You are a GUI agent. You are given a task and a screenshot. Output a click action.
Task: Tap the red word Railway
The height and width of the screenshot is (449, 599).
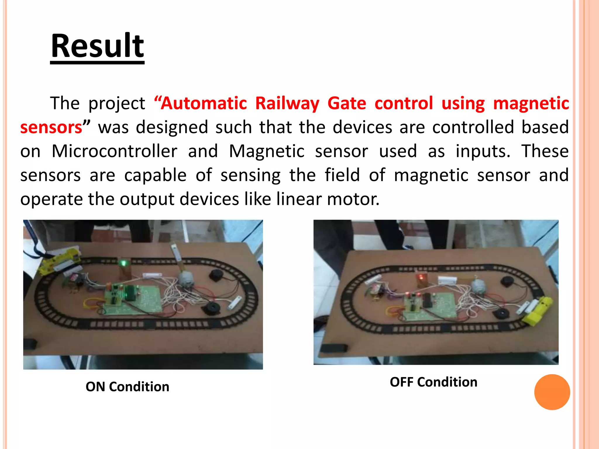coord(287,103)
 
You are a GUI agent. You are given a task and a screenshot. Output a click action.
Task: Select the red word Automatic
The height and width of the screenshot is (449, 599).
coord(204,103)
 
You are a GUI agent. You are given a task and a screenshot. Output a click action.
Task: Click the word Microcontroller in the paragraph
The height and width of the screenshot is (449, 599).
coord(114,151)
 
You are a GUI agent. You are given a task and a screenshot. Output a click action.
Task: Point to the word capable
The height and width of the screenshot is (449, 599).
coord(155,175)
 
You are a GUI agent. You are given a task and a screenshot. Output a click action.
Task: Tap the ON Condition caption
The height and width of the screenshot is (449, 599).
coord(127,387)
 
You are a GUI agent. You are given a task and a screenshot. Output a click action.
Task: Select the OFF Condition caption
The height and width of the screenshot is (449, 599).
coord(433,382)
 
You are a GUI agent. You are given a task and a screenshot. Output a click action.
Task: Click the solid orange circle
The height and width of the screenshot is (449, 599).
coord(552,392)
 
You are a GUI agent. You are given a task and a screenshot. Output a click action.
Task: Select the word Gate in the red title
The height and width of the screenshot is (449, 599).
coord(347,103)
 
